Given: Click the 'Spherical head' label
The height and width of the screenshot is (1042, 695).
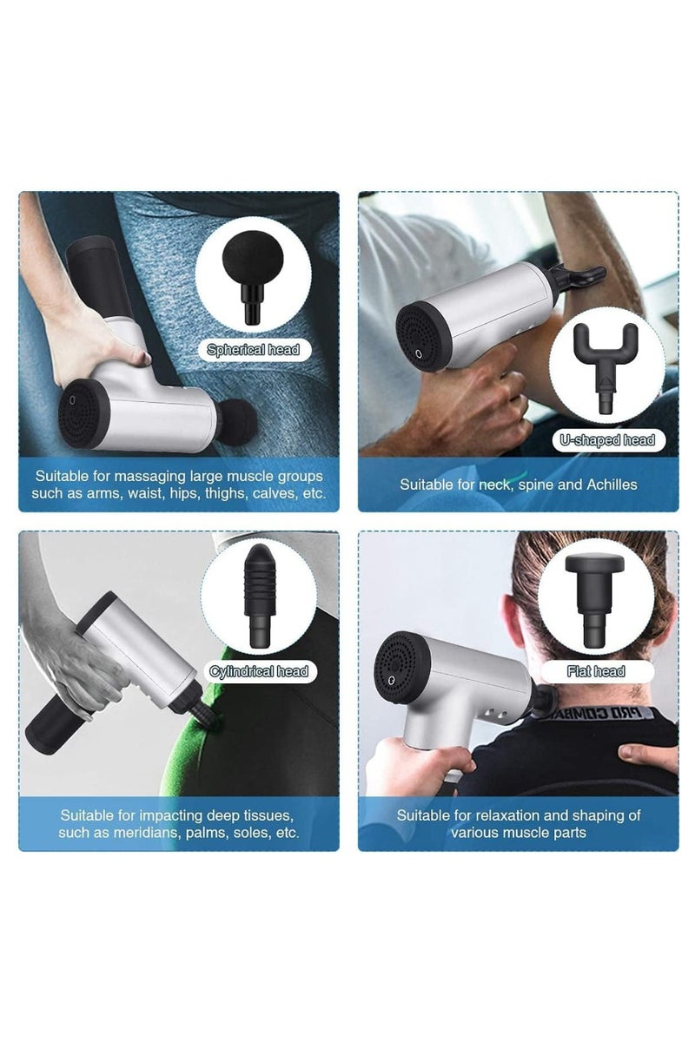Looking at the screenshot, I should (x=253, y=350).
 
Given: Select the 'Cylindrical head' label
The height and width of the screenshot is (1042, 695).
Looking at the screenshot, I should (x=259, y=671).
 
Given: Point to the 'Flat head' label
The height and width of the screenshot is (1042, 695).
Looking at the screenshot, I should (x=596, y=671).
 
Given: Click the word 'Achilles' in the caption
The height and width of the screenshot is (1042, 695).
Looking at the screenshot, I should (x=610, y=485).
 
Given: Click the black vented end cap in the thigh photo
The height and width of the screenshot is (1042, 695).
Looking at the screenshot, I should (x=84, y=412).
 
